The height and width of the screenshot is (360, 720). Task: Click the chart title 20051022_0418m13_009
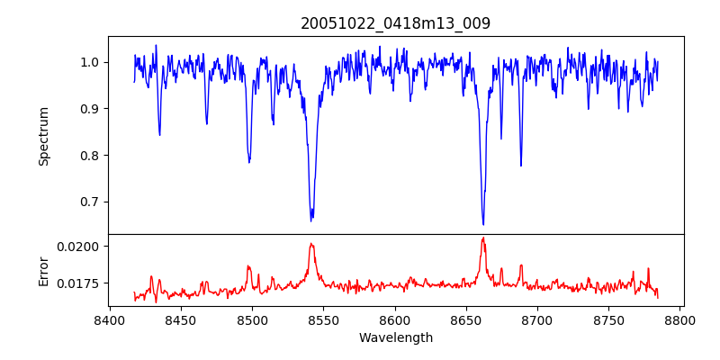(395, 23)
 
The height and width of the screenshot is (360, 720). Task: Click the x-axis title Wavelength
(395, 337)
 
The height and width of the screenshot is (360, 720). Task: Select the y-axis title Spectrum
(43, 136)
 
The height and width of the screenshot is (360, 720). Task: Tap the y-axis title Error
(43, 270)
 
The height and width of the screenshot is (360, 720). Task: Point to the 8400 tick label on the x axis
(109, 319)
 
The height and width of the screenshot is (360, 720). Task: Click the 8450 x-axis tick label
(180, 319)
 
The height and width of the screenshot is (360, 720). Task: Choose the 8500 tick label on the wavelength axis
(252, 319)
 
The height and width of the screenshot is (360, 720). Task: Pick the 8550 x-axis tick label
(323, 319)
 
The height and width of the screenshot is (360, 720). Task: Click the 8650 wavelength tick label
(466, 319)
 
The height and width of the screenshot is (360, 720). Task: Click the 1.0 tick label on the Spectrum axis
(91, 62)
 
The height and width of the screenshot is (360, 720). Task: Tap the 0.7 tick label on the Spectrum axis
(91, 202)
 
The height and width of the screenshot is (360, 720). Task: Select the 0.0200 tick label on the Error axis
(78, 246)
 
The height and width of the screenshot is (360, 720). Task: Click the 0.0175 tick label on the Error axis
(78, 283)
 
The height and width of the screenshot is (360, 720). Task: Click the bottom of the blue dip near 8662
(483, 224)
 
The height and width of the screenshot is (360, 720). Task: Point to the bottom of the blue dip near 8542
(311, 220)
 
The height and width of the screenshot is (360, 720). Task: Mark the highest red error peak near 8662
(483, 238)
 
